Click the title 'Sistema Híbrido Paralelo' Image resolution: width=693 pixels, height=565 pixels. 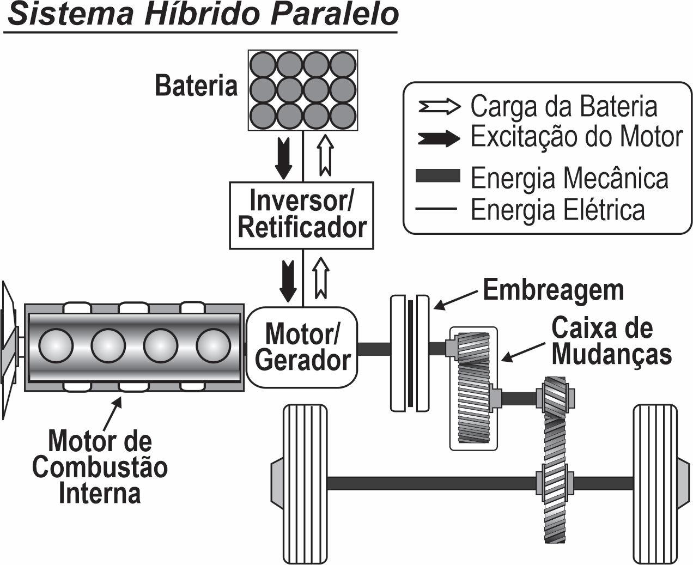tap(202, 15)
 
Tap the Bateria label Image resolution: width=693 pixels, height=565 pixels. tap(196, 86)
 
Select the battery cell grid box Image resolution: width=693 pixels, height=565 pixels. tap(303, 90)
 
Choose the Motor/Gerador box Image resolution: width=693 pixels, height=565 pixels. tap(302, 347)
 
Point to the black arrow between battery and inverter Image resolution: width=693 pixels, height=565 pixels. tap(283, 158)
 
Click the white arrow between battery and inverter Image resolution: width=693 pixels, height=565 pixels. tap(325, 156)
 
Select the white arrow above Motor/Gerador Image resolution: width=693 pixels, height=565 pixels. tap(321, 278)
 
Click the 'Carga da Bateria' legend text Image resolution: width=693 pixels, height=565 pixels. tap(563, 107)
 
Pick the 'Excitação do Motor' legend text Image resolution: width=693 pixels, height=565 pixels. tap(576, 137)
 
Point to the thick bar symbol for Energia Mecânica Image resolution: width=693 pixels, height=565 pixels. tap(437, 176)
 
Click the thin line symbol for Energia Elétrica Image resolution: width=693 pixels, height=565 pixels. tap(436, 208)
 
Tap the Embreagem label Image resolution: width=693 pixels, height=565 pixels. tap(553, 290)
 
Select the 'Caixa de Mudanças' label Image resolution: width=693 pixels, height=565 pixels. tap(610, 342)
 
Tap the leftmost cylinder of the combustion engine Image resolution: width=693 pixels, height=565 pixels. tap(56, 347)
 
